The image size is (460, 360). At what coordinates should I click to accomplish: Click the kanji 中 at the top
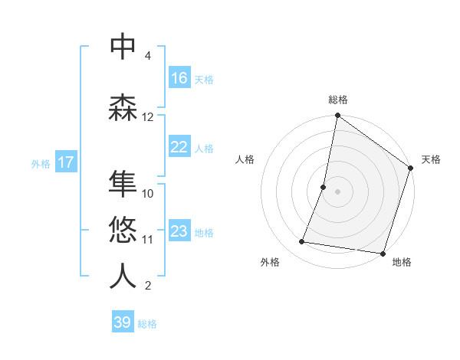[x=123, y=47]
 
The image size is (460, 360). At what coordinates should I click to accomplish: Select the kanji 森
[x=123, y=108]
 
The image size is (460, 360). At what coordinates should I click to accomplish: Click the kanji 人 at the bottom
[x=123, y=276]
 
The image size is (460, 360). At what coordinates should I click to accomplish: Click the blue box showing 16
[x=179, y=78]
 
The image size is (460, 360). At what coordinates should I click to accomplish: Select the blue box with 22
[x=179, y=147]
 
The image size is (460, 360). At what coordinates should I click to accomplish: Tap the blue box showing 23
[x=179, y=231]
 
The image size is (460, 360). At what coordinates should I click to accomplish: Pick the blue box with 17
[x=65, y=162]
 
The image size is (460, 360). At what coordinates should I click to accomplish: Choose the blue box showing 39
[x=123, y=322]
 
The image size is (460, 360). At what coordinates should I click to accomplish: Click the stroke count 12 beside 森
[x=148, y=117]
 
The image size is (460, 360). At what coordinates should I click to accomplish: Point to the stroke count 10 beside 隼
[x=148, y=194]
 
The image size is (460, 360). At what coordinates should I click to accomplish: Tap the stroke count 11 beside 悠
[x=148, y=240]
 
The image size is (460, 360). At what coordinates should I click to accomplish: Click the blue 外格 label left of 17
[x=41, y=163]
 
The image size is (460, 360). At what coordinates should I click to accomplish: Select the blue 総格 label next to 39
[x=147, y=324]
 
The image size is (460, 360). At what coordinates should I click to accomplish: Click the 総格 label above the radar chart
[x=338, y=100]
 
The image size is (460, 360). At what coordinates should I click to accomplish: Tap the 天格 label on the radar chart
[x=431, y=159]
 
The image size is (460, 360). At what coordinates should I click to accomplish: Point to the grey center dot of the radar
[x=338, y=191]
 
